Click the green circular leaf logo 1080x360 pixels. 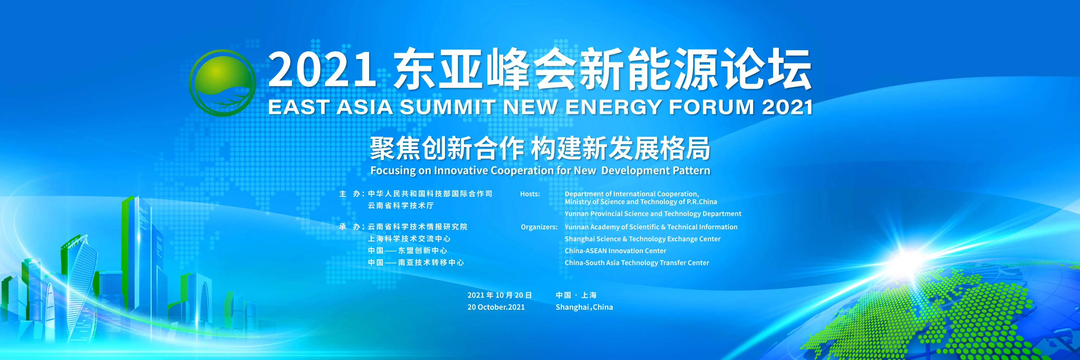tap(222, 83)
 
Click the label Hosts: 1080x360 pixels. tap(530, 194)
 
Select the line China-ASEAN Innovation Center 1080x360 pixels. tap(615, 251)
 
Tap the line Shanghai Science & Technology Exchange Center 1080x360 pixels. tap(642, 239)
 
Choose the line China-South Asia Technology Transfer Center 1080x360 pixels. tap(636, 263)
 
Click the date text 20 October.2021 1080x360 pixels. tap(496, 307)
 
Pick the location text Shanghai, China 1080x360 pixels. tap(584, 307)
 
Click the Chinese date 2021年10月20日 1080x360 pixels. tap(499, 295)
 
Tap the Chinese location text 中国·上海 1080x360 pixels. tap(576, 295)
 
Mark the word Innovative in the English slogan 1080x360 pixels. tap(461, 171)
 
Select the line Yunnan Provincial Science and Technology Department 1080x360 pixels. tap(653, 214)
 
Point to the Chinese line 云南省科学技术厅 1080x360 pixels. tap(401, 206)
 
